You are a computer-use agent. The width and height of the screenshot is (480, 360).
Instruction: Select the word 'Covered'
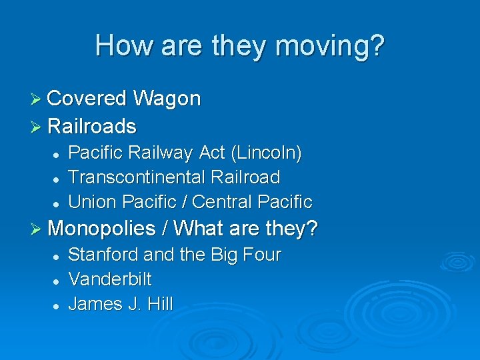click(87, 99)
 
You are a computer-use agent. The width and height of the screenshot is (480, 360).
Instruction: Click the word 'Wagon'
click(167, 99)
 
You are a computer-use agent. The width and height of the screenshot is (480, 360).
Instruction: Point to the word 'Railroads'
click(92, 126)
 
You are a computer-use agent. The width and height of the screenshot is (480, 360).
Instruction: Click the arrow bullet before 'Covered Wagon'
click(38, 99)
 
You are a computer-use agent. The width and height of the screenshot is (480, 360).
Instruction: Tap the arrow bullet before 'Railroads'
click(38, 127)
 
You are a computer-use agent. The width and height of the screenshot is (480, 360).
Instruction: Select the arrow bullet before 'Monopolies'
click(38, 229)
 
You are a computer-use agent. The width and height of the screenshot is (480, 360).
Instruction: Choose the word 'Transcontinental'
click(137, 177)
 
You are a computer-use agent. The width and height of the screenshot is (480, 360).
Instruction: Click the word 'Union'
click(92, 201)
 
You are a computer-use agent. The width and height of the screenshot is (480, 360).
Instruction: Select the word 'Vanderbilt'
click(110, 279)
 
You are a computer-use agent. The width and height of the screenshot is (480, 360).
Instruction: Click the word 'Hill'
click(161, 304)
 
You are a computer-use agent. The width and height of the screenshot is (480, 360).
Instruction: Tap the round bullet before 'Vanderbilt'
click(57, 280)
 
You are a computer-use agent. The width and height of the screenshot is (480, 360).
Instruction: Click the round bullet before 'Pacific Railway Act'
click(57, 155)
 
